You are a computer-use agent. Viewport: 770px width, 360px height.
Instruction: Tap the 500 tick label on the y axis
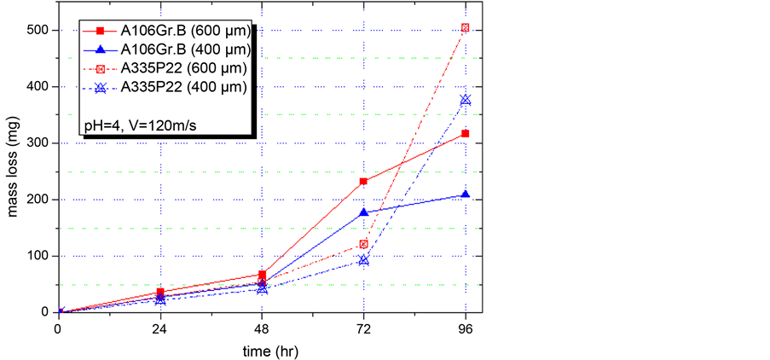[x=38, y=31]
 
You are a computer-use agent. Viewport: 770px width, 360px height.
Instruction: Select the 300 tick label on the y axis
[x=38, y=143]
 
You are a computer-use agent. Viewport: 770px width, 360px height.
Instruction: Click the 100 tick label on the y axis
[x=38, y=256]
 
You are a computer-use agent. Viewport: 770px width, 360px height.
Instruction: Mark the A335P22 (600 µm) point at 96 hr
[x=466, y=28]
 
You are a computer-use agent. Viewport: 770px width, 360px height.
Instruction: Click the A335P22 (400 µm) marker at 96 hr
[x=466, y=100]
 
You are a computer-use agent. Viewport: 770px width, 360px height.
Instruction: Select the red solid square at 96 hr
[x=466, y=133]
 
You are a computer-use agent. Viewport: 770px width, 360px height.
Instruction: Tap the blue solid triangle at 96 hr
[x=466, y=195]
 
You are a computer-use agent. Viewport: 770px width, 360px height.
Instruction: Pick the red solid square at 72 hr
[x=364, y=181]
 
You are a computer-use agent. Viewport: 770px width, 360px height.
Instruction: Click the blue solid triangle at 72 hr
[x=364, y=212]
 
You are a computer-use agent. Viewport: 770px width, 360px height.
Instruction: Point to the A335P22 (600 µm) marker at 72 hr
[x=364, y=244]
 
